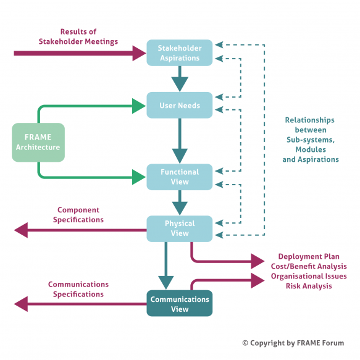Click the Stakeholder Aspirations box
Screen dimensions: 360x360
[179, 53]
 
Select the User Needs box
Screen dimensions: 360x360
[179, 106]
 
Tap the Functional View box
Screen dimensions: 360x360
[179, 177]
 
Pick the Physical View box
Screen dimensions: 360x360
[179, 228]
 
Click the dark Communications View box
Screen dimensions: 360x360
[179, 304]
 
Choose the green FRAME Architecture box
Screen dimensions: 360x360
[38, 143]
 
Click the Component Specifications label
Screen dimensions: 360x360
[78, 215]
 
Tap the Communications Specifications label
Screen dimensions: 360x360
[78, 290]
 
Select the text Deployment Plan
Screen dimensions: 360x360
[308, 257]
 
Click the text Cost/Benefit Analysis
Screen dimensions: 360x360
[308, 266]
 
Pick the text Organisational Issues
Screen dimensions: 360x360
[308, 276]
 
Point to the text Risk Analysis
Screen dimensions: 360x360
[308, 286]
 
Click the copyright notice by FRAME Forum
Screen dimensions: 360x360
[293, 343]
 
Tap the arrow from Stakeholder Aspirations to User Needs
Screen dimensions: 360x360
[180, 79]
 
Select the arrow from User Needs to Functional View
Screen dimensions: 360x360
[180, 141]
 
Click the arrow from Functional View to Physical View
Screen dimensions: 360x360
[180, 203]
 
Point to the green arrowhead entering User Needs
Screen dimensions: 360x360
[140, 106]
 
